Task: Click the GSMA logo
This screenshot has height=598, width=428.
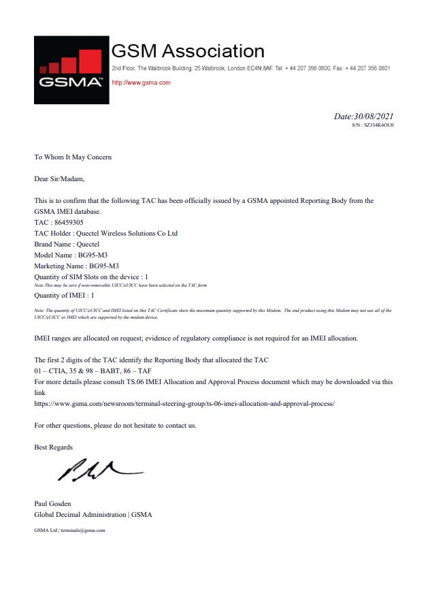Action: (x=71, y=69)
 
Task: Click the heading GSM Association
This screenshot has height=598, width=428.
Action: (x=188, y=50)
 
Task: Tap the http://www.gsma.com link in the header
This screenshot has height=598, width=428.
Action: (x=140, y=82)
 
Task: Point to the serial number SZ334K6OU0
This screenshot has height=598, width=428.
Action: (x=378, y=125)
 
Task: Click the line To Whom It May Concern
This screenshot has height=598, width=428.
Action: (x=73, y=157)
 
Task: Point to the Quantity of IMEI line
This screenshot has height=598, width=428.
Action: (x=64, y=296)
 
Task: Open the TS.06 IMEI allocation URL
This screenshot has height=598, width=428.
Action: (x=184, y=403)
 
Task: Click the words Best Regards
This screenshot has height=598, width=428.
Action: (x=53, y=447)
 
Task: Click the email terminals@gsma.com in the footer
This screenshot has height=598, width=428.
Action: (x=82, y=530)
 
